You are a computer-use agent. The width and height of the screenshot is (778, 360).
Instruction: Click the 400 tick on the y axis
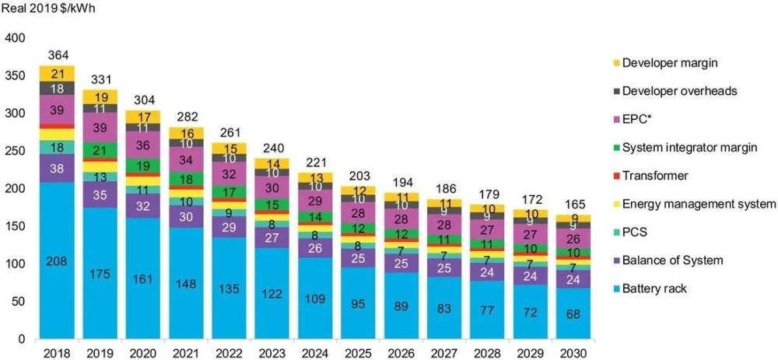(x=16, y=37)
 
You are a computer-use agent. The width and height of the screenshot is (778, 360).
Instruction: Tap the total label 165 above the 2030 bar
(x=574, y=204)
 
